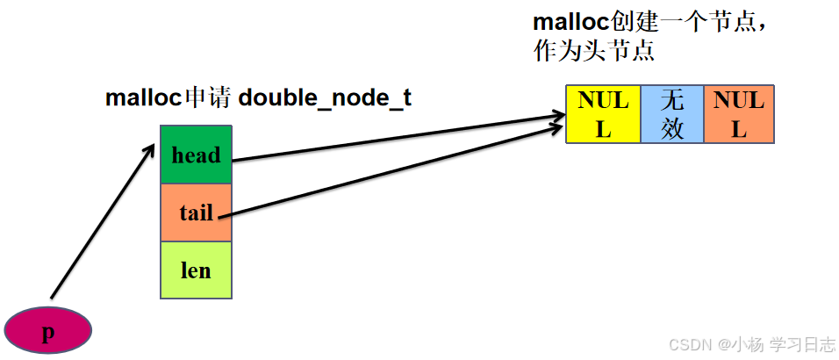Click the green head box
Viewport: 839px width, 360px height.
pos(195,155)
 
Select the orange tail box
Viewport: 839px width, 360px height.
pos(195,212)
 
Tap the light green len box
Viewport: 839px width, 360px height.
pos(195,270)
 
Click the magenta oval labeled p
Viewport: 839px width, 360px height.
pos(48,331)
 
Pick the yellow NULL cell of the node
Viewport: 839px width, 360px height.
pos(603,114)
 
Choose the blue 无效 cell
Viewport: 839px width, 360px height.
pos(672,114)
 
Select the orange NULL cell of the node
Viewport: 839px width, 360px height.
pos(739,114)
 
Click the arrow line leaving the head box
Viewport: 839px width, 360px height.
pos(395,138)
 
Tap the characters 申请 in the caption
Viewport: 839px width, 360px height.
pos(209,97)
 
